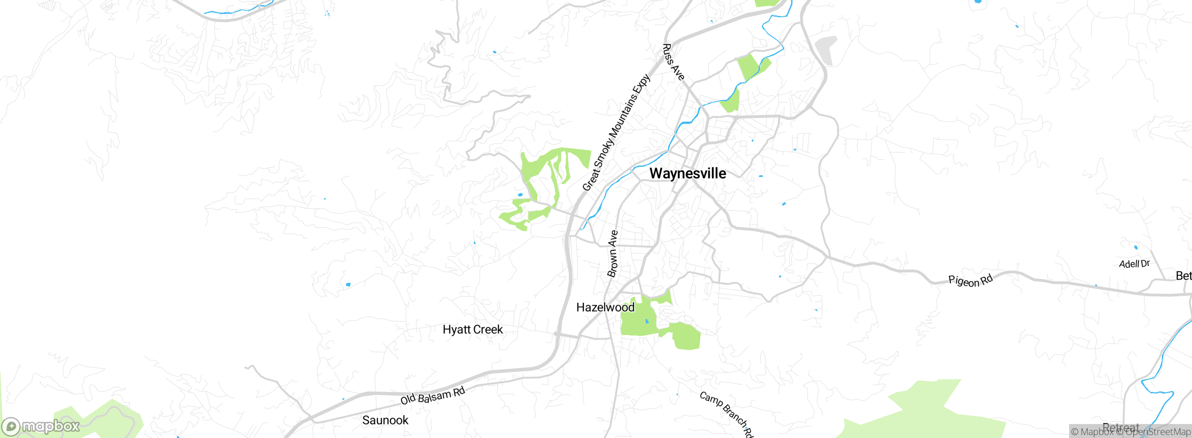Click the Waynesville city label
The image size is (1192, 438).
pyautogui.click(x=687, y=173)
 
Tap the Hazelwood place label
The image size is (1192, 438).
pyautogui.click(x=605, y=307)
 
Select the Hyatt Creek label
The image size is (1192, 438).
pyautogui.click(x=472, y=329)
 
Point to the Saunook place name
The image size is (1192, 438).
pyautogui.click(x=385, y=420)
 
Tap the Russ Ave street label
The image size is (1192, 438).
pyautogui.click(x=673, y=62)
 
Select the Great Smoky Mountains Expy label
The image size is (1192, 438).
pyautogui.click(x=616, y=133)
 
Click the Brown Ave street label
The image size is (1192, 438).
pyautogui.click(x=613, y=254)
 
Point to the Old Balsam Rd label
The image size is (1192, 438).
pyautogui.click(x=433, y=396)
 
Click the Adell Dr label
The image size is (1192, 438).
pyautogui.click(x=1134, y=264)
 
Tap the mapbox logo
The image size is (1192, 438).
pyautogui.click(x=41, y=426)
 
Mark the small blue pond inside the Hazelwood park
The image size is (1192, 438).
pyautogui.click(x=647, y=321)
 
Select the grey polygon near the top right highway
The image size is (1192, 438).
pyautogui.click(x=826, y=49)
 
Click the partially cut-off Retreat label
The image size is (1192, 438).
pyautogui.click(x=1120, y=427)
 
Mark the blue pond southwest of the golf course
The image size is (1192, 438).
pyautogui.click(x=348, y=284)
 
